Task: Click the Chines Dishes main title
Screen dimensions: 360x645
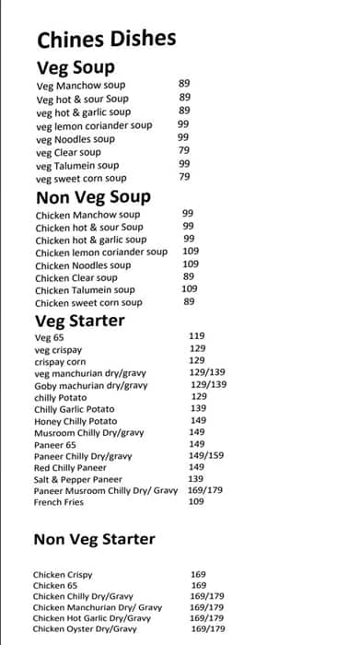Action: pyautogui.click(x=106, y=39)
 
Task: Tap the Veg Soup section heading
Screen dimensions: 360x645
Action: pyautogui.click(x=75, y=67)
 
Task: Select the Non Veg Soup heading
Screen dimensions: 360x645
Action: pyautogui.click(x=93, y=197)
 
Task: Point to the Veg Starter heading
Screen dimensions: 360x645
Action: pyautogui.click(x=79, y=321)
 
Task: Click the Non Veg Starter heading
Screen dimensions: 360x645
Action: pyautogui.click(x=94, y=539)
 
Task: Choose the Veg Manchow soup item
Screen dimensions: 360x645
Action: pyautogui.click(x=81, y=86)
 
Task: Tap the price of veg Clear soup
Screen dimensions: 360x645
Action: pyautogui.click(x=184, y=150)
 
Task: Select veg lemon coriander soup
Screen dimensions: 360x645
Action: pyautogui.click(x=95, y=125)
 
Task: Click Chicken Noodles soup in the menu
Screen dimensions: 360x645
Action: pyautogui.click(x=83, y=264)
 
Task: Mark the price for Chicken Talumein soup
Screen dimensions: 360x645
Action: pyautogui.click(x=191, y=288)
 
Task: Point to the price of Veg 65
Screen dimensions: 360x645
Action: pyautogui.click(x=197, y=336)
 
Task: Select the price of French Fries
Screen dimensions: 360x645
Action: pyautogui.click(x=196, y=501)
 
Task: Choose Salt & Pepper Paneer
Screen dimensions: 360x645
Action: pyautogui.click(x=78, y=479)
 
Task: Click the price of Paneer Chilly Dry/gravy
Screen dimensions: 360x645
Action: pyautogui.click(x=205, y=455)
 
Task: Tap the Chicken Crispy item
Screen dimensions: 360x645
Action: pyautogui.click(x=63, y=574)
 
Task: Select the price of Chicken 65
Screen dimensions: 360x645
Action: pyautogui.click(x=199, y=585)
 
